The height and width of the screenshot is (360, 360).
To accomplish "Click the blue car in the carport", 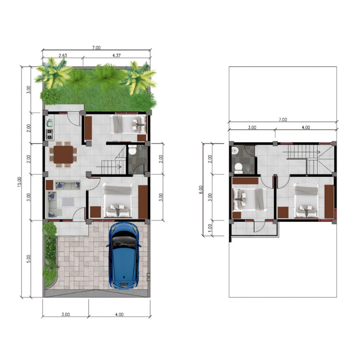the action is [x=124, y=255].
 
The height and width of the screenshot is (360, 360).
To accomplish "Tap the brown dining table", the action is [x=64, y=155].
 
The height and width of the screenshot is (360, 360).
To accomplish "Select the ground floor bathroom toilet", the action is [x=132, y=150].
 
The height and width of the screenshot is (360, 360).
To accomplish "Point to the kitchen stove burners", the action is [x=49, y=134].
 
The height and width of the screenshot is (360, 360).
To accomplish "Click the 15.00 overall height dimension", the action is [x=19, y=182].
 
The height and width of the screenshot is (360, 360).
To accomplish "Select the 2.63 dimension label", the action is [x=63, y=56].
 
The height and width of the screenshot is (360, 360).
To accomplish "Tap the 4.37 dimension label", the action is [x=116, y=56].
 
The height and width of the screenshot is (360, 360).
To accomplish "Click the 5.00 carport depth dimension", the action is [x=29, y=259].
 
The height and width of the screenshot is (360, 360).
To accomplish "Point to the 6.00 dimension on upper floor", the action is [x=201, y=190].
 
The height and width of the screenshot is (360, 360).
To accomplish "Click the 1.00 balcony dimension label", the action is [x=210, y=228].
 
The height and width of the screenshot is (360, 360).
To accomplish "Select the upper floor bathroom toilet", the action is [x=238, y=168].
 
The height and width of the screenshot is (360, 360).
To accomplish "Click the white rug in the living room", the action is [x=68, y=202].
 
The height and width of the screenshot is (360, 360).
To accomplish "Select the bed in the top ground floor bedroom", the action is [x=127, y=124].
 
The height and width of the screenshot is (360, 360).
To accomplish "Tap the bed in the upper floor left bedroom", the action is [x=250, y=199].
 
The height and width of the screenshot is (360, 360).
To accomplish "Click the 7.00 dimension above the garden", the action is [x=96, y=48].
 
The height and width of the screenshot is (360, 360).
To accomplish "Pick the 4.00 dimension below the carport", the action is [x=119, y=314].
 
